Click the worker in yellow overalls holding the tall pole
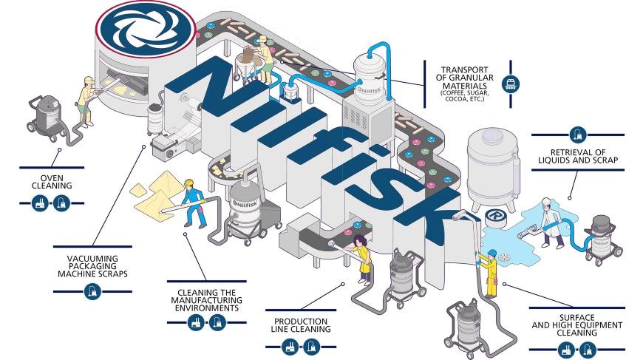tap(488, 270)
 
